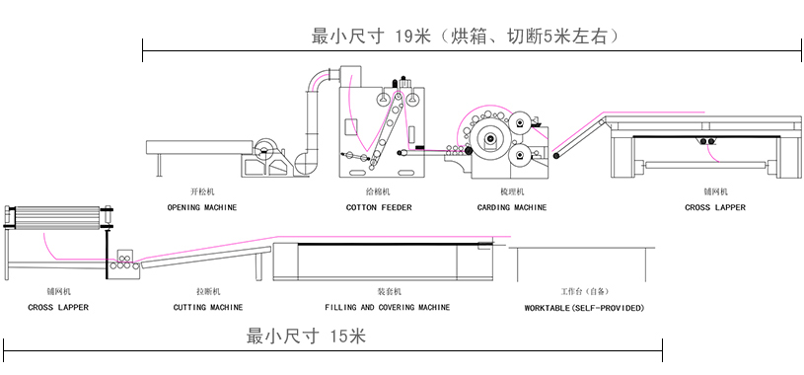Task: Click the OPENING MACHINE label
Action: click(202, 208)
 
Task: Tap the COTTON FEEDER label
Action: click(379, 208)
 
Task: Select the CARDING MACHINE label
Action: click(512, 208)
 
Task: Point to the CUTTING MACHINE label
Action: click(208, 307)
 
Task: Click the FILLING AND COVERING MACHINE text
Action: click(387, 307)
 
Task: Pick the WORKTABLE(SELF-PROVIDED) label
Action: click(585, 308)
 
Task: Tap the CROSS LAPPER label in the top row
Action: click(715, 208)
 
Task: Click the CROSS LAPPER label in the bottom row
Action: click(58, 307)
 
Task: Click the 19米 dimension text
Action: click(412, 37)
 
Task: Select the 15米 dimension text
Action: click(347, 337)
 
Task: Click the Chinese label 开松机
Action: click(202, 191)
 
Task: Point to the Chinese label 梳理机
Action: click(512, 191)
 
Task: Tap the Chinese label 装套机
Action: click(389, 291)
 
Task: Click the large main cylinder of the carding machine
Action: click(490, 138)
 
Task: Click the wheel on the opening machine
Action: click(264, 150)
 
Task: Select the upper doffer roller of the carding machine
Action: click(520, 123)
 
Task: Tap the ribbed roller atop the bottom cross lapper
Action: click(57, 216)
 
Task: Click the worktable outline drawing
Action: click(581, 248)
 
